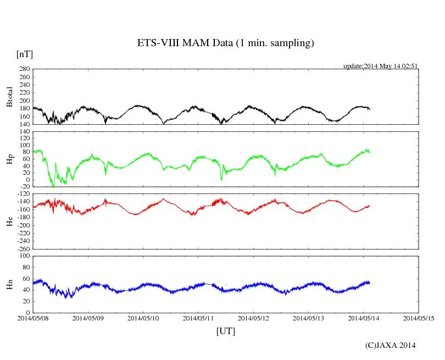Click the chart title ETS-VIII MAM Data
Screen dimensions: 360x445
point(225,43)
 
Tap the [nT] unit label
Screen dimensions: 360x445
point(24,54)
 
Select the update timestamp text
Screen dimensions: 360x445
point(381,65)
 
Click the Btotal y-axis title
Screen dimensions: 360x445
point(9,97)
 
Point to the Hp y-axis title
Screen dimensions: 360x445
point(9,159)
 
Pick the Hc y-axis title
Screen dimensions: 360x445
point(9,221)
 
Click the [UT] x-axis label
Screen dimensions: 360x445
point(226,331)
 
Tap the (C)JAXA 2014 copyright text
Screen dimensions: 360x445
point(391,345)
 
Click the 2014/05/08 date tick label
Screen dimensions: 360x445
point(33,318)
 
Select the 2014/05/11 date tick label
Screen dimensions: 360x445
point(199,318)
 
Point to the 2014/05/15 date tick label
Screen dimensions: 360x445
point(419,318)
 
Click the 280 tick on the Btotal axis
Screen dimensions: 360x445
point(24,69)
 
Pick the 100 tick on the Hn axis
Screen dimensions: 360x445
point(24,256)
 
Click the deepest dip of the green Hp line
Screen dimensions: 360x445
point(53,187)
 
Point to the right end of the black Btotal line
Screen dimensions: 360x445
point(370,109)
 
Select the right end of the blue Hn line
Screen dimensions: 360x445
point(370,283)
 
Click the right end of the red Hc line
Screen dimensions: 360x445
point(370,206)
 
